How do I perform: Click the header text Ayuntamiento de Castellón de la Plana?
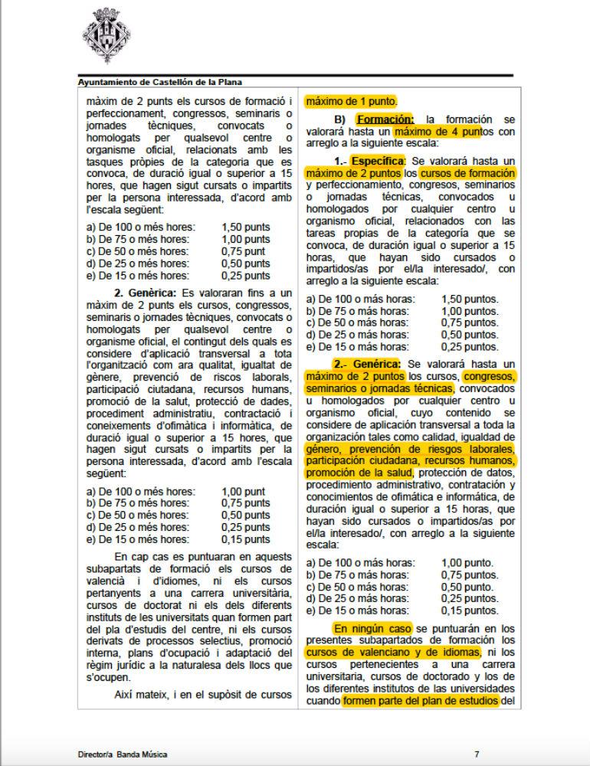165,82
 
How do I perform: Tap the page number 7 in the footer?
477,754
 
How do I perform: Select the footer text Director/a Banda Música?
123,754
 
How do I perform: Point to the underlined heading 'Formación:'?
386,119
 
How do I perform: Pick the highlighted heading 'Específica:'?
379,162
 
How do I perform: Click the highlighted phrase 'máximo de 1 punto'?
351,100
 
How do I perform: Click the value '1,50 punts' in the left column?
245,228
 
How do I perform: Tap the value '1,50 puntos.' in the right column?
470,299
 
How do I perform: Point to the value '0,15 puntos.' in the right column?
470,611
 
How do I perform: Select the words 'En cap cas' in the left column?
139,555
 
